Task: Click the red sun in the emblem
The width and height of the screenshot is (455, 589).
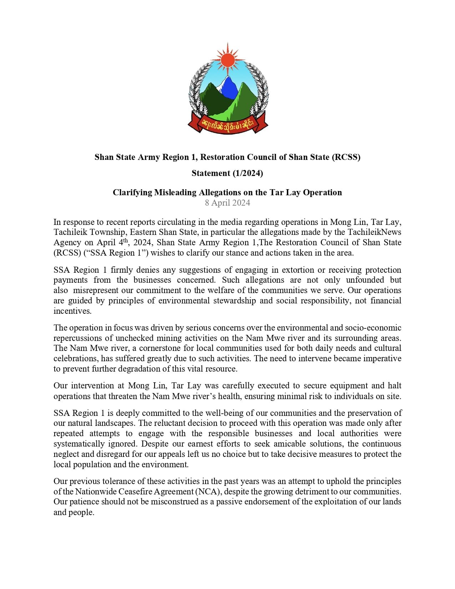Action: tap(228, 59)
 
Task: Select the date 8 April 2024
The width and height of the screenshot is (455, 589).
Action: tap(227, 203)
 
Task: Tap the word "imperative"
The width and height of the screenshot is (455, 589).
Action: tap(382, 358)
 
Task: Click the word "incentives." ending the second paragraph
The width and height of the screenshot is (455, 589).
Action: tap(72, 311)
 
